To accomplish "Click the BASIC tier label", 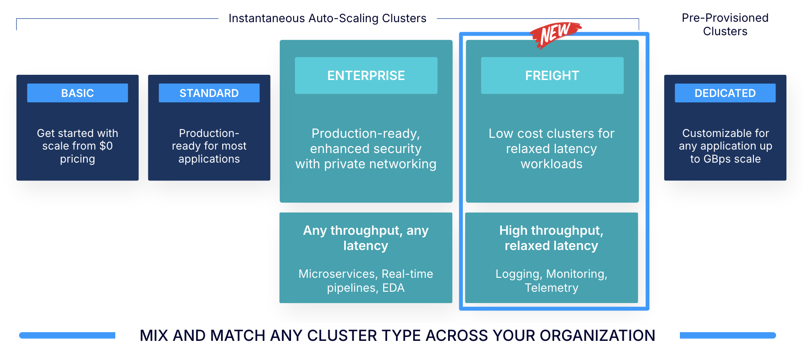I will [77, 93].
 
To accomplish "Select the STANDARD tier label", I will [209, 93].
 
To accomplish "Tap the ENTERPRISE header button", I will [366, 76].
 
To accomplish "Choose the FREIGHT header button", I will [552, 76].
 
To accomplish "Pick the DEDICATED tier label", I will [725, 93].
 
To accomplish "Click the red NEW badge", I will [555, 34].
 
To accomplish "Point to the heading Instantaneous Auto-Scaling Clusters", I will [327, 18].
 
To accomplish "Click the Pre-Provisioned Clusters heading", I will [725, 24].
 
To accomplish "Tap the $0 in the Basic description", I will [106, 146].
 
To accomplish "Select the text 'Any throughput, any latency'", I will [366, 238].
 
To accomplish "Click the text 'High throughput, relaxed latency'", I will [551, 238].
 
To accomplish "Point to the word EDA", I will [393, 288].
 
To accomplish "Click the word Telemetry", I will [551, 288].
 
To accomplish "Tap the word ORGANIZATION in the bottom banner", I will [597, 336].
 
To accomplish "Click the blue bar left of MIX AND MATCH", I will [67, 335].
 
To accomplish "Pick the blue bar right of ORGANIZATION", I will [727, 335].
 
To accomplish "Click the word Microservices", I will [338, 274].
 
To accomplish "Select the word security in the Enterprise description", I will [395, 149].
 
